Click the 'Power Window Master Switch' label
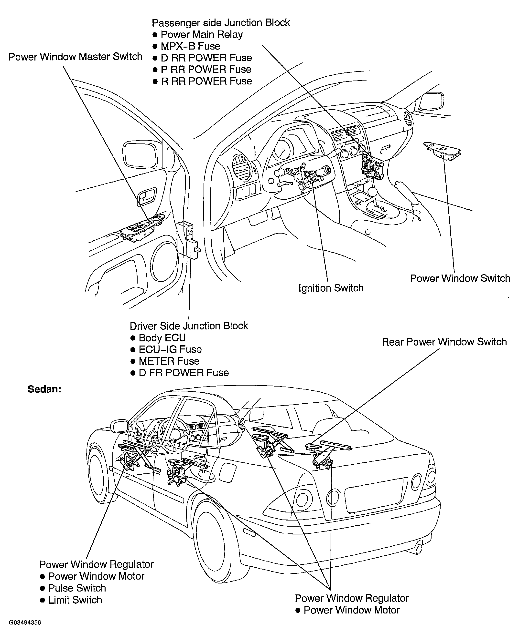(75, 57)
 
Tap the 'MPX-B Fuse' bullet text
(190, 46)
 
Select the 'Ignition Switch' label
(331, 288)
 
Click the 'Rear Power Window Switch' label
(444, 342)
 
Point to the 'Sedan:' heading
(44, 389)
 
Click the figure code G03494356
(25, 623)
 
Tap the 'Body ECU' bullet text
(162, 338)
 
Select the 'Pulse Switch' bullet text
(77, 588)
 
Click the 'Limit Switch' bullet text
(75, 600)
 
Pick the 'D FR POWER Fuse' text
(184, 373)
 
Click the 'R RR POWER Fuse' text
(206, 81)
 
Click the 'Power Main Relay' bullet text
(202, 35)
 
